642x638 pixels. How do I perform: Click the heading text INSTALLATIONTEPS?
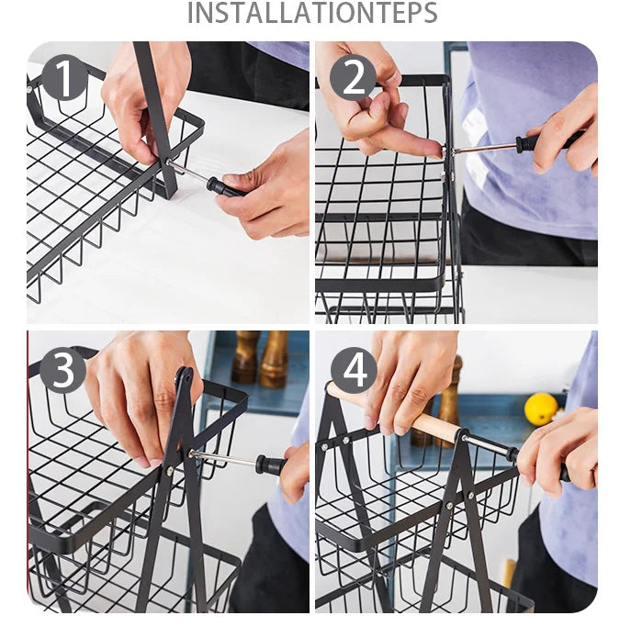(x=312, y=13)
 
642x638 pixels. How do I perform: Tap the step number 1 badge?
(x=64, y=77)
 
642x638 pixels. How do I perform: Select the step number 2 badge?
(x=353, y=78)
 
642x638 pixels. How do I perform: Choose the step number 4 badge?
(x=354, y=371)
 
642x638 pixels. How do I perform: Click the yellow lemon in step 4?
(x=541, y=409)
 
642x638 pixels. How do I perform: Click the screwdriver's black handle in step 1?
(x=225, y=187)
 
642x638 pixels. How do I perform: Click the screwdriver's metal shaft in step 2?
(x=484, y=147)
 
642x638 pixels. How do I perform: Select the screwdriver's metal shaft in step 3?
(x=224, y=457)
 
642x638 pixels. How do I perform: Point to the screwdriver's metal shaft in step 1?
(x=189, y=171)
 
